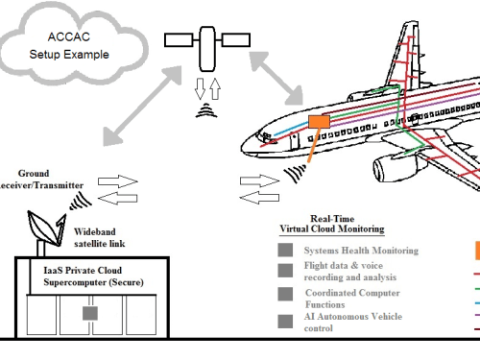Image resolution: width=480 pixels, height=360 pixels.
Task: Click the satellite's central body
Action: (x=207, y=49)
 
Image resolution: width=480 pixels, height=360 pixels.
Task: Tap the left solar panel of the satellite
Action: (x=179, y=40)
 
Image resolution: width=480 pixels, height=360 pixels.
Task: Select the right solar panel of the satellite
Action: (x=236, y=40)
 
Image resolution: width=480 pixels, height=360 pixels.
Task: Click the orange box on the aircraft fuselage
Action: (x=319, y=122)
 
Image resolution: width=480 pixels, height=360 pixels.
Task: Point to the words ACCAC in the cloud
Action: (x=69, y=36)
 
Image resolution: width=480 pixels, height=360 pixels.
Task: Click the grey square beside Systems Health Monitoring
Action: (x=285, y=250)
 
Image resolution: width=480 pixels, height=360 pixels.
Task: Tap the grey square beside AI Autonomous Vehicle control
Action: (x=285, y=322)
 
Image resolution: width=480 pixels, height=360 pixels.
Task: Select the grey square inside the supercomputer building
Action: (x=90, y=313)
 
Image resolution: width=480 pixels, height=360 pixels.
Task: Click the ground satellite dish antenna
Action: (x=46, y=228)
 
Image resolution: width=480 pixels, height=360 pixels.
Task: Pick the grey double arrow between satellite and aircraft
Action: (x=276, y=78)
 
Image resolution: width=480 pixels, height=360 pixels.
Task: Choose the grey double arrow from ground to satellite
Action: (x=142, y=106)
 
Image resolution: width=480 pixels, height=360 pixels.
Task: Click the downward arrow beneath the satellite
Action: (x=200, y=88)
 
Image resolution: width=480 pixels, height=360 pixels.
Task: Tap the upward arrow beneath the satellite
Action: (x=215, y=88)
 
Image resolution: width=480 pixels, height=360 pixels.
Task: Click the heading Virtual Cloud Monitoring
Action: (x=332, y=228)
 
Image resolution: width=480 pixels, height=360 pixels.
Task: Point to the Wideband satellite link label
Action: (x=100, y=237)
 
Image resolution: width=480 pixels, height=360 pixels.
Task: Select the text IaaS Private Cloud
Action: (x=83, y=270)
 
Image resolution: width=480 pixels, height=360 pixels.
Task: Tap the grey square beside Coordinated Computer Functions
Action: (x=285, y=294)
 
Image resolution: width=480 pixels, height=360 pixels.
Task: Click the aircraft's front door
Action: (x=295, y=141)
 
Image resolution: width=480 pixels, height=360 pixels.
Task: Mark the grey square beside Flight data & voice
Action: (x=285, y=271)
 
